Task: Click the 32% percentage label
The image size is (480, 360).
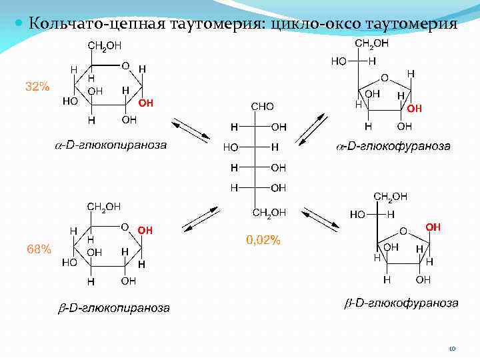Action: [37, 86]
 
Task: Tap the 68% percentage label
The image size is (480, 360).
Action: [39, 249]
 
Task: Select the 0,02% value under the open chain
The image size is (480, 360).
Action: [263, 241]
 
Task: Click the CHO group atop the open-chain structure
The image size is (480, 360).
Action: [261, 107]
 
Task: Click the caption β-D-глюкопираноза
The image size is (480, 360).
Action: [112, 308]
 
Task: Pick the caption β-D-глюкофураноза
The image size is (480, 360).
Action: [401, 303]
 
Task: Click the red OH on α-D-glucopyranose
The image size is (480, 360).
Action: [146, 103]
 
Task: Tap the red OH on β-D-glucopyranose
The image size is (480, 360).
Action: [145, 230]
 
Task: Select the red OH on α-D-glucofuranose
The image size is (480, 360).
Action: [414, 108]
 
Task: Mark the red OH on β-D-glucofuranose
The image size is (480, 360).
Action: [433, 227]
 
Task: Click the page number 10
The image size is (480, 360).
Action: [452, 348]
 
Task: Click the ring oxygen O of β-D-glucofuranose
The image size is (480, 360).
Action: [403, 231]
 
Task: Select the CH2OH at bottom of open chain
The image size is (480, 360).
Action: [270, 213]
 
